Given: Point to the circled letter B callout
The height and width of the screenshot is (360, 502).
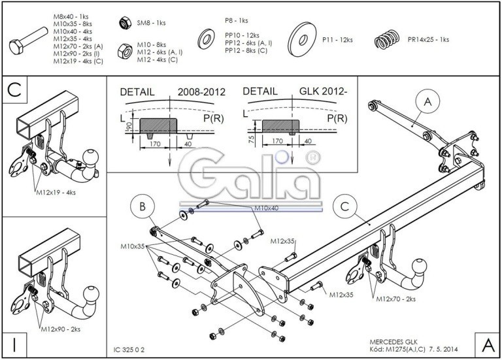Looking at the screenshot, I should click(142, 207).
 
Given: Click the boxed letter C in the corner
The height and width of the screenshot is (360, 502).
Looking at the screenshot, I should click(16, 92).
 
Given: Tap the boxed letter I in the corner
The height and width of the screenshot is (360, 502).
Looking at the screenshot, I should click(14, 342).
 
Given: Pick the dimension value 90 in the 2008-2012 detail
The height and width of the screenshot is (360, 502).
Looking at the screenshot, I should click(128, 124).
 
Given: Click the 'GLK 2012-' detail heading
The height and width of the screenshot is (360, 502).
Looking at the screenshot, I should click(323, 93).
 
